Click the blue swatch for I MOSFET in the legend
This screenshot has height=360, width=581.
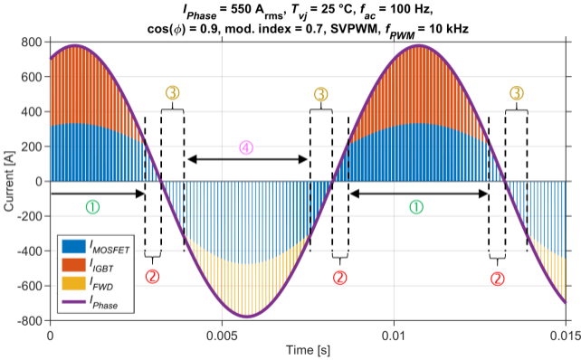coord(73,246)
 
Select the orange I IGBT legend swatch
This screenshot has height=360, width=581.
coord(73,265)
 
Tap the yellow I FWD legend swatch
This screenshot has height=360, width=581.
coord(73,283)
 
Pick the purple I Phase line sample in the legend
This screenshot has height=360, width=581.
coord(73,302)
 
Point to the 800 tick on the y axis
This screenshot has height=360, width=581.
coord(32,42)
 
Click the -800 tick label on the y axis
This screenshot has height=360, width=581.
coord(30,321)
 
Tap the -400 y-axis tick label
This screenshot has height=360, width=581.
coord(30,251)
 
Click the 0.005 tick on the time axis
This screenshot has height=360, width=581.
coord(222,336)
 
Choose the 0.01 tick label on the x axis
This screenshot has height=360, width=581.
coord(394,336)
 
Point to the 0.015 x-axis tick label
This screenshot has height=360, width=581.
coord(565,336)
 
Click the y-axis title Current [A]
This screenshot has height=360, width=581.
coord(8,181)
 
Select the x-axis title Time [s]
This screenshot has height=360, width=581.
coord(308,350)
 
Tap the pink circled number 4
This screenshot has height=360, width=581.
coord(246,147)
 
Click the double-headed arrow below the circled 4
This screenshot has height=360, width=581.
coord(248,159)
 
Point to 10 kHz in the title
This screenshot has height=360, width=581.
coord(448,28)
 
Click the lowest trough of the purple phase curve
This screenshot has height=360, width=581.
coord(247,316)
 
